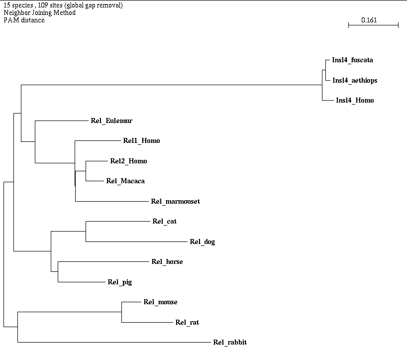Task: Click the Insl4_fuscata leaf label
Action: tap(352, 60)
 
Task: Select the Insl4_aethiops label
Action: tap(355, 80)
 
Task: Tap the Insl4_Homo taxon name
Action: tap(355, 101)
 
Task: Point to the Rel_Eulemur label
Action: tap(111, 120)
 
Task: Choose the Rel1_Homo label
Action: tap(141, 141)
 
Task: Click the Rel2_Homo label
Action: tap(128, 161)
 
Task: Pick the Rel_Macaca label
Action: tap(125, 181)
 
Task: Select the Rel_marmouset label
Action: tap(175, 201)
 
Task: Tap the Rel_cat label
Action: tap(164, 222)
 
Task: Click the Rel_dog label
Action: tap(202, 242)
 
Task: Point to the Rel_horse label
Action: tap(167, 262)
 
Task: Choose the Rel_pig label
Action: tap(119, 282)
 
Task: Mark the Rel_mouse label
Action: tap(160, 302)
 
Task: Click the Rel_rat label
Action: tap(187, 323)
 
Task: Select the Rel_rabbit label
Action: tap(230, 343)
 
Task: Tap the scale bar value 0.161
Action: tap(370, 20)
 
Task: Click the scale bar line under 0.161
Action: tap(373, 25)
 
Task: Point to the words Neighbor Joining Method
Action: tap(39, 12)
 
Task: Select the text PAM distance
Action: tap(24, 20)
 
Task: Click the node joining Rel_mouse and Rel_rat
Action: tap(122, 312)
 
